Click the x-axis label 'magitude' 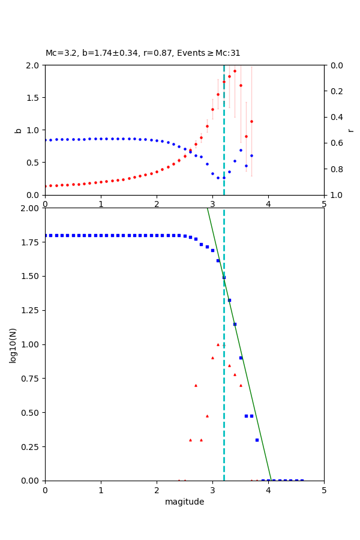tap(184, 502)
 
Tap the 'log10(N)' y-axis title tap(13, 344)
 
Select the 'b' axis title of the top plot tap(18, 130)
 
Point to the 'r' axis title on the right tap(350, 130)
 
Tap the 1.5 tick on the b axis tap(34, 97)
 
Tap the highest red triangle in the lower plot tap(218, 344)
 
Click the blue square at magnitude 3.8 tap(257, 440)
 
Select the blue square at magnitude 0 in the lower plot tap(46, 235)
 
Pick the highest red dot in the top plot tap(235, 71)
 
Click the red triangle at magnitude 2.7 tap(196, 385)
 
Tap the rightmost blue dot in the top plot tap(251, 155)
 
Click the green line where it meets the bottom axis tap(271, 480)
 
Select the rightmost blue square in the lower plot tap(302, 481)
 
